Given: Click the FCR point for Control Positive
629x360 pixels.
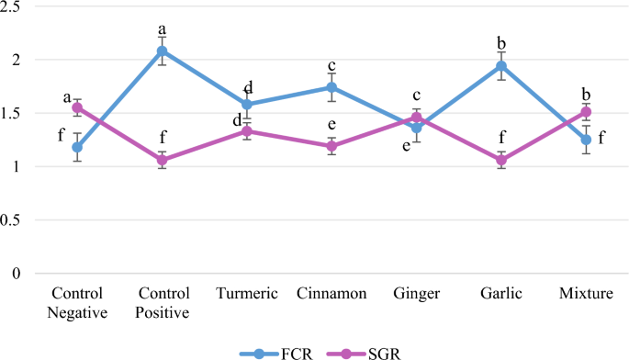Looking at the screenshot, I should [x=162, y=51].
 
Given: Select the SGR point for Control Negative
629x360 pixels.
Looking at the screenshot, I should [x=77, y=107].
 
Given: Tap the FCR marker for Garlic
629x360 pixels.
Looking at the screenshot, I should [x=501, y=66].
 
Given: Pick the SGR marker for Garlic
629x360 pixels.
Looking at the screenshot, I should [x=501, y=160].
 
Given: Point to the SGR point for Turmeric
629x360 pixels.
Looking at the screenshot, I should [x=247, y=131].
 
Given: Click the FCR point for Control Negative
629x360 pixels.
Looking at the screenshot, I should [x=77, y=147].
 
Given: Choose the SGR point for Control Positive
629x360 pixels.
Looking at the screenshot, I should [x=162, y=160].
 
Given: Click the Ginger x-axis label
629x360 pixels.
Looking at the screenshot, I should [x=417, y=294].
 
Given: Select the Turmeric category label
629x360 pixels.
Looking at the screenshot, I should [x=247, y=294].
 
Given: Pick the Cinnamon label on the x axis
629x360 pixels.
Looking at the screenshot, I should [x=332, y=294].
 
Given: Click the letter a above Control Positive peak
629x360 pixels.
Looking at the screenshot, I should [x=162, y=28].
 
